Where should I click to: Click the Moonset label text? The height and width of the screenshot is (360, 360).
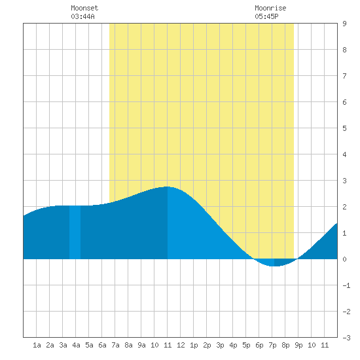pos(84,8)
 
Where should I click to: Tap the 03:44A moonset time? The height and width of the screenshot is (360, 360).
pos(82,16)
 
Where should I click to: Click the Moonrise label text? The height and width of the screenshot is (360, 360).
pos(270,8)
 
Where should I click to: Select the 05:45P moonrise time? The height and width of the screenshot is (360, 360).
pos(266,16)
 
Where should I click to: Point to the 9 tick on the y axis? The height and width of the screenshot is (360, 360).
pos(344,24)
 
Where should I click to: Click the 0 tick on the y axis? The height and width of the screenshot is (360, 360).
pos(344,259)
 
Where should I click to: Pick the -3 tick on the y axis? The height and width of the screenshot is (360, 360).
pos(346,338)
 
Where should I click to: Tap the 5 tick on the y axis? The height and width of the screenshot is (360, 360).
pos(344,128)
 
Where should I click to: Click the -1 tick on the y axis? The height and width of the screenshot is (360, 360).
pos(346,285)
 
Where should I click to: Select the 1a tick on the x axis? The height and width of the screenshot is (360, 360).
pos(37,345)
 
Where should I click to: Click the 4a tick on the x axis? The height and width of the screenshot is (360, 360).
pos(76,345)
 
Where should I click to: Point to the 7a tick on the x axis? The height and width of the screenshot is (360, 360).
pos(115,345)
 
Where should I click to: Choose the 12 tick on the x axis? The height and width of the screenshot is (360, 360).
pos(181,345)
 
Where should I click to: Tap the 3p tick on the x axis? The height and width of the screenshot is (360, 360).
pos(220,345)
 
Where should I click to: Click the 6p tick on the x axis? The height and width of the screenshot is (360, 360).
pos(259,345)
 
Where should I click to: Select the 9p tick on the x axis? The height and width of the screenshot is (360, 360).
pos(298,345)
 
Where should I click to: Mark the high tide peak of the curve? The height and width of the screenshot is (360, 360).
pos(168,187)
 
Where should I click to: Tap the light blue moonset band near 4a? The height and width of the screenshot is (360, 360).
pos(75,232)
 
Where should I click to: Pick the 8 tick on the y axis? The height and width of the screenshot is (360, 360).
pos(344,50)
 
